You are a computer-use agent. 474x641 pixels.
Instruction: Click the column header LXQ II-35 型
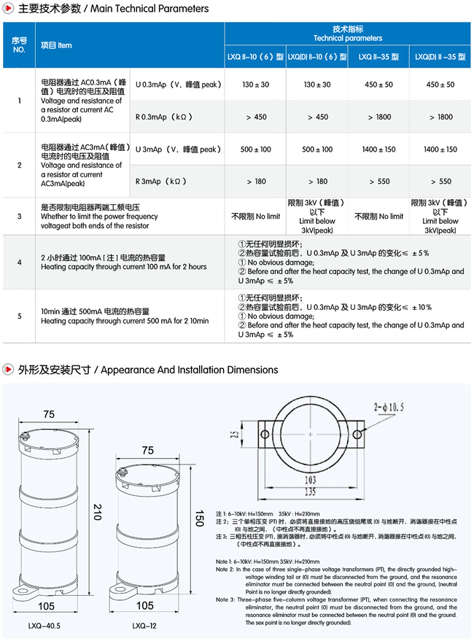[378, 57]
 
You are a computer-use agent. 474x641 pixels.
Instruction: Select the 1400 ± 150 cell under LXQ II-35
[378, 149]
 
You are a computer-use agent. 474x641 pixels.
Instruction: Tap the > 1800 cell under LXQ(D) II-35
[440, 117]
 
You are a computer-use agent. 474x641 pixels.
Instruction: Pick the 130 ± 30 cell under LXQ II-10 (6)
[256, 85]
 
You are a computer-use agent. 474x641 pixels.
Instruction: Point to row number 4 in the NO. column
[20, 262]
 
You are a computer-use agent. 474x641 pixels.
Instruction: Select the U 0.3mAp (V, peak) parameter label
[177, 85]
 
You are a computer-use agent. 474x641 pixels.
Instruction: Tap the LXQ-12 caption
[144, 625]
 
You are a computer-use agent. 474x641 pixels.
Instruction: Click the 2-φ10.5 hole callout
[388, 407]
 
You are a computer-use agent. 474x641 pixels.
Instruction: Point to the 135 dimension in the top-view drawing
[311, 491]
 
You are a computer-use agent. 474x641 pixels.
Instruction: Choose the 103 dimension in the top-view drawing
[311, 479]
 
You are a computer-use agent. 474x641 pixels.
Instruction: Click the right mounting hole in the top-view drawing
[357, 434]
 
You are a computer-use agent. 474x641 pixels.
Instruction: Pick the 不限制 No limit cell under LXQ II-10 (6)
[256, 217]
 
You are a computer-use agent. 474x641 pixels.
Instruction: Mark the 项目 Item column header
[56, 45]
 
